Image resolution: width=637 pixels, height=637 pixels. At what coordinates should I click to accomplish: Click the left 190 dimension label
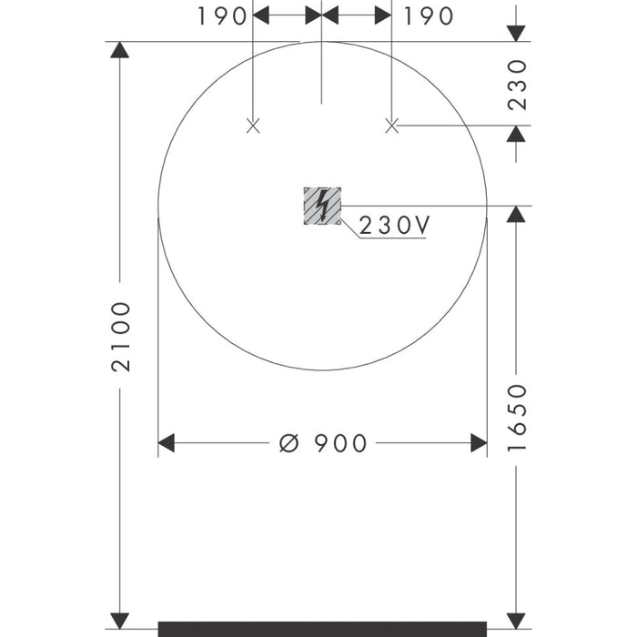222,16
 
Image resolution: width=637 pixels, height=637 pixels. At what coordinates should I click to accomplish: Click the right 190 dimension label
429,16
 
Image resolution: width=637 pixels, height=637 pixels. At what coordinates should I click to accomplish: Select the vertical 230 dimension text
517,85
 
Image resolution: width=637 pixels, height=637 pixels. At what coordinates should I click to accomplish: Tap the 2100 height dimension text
121,337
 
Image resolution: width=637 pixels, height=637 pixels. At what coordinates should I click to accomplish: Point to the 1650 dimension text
517,418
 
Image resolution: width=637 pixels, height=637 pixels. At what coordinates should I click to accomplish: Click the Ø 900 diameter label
323,443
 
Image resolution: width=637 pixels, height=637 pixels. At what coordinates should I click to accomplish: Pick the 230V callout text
394,225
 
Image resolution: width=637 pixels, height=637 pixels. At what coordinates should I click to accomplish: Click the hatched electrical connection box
322,206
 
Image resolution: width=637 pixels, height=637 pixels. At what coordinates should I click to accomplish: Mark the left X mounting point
253,126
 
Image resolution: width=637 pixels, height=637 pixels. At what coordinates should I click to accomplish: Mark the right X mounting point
391,126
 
